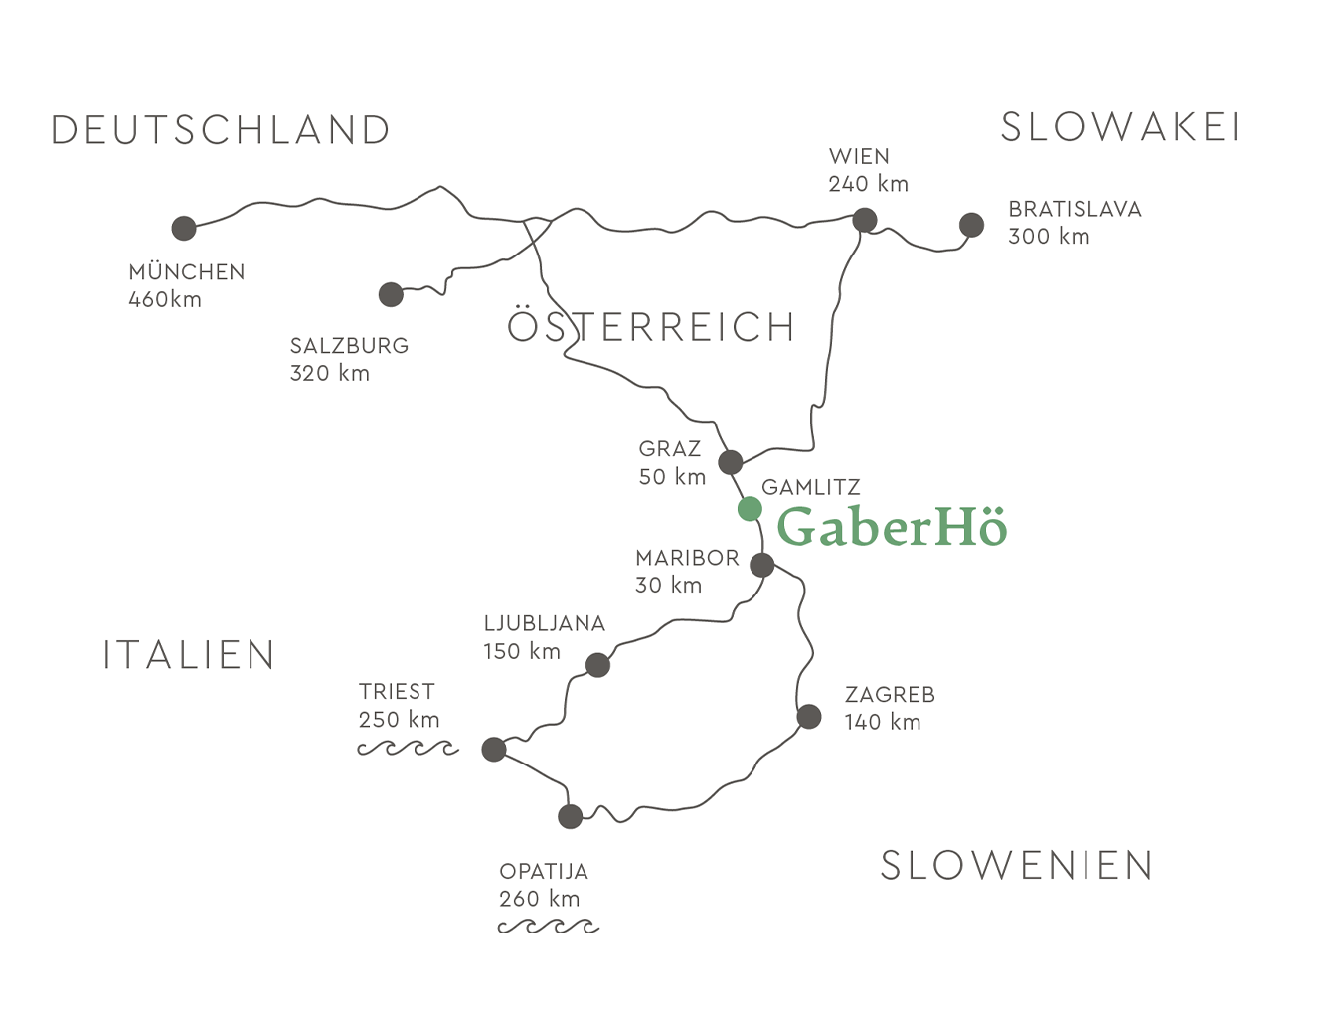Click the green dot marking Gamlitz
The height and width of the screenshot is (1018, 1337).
[750, 509]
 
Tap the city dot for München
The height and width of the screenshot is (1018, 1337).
[184, 228]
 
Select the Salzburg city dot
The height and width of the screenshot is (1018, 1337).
[391, 294]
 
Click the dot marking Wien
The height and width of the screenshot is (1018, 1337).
[865, 220]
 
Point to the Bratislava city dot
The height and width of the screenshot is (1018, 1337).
[971, 225]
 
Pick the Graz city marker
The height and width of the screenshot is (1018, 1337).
[731, 462]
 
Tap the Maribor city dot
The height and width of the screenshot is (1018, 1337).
[762, 565]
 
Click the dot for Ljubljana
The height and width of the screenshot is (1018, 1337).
[597, 665]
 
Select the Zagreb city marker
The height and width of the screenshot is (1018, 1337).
[809, 716]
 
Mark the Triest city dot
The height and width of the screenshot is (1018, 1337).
[494, 749]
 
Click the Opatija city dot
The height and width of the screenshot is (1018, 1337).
[570, 816]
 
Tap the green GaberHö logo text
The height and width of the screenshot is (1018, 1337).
[892, 527]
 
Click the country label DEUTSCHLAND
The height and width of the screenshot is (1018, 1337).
[221, 130]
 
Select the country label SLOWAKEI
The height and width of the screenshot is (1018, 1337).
[1120, 127]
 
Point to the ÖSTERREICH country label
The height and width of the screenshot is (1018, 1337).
[652, 327]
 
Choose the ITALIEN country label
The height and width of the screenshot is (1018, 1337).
[190, 655]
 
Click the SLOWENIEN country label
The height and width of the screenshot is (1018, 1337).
[1017, 866]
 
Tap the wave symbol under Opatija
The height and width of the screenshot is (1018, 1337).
[549, 927]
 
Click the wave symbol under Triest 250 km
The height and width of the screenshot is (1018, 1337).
[408, 748]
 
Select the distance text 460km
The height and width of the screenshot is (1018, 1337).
[165, 299]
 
